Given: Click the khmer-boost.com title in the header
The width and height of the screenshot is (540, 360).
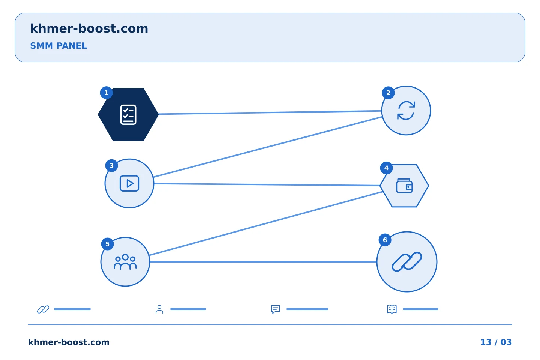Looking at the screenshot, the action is pos(89,29).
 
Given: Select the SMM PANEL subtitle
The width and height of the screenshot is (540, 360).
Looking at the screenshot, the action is pos(58,46).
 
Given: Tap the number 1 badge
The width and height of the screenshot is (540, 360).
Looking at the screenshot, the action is pos(106,93).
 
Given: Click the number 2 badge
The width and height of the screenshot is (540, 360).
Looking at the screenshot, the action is pos(388,93).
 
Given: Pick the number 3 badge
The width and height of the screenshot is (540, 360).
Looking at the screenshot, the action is pos(111,166).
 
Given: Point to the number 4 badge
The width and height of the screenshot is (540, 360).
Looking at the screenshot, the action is pos(386,168).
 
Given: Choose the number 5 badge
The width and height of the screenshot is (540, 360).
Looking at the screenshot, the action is pos(107,244).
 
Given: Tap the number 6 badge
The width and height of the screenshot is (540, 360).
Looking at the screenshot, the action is pos(385,240).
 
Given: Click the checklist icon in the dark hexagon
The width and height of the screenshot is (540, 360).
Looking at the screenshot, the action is pos(128,114).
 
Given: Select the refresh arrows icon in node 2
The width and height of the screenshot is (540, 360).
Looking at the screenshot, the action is pos(406,111).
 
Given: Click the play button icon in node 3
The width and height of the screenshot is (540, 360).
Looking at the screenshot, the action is pos(129,183).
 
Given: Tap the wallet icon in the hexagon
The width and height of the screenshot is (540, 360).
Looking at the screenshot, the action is pos(404,186).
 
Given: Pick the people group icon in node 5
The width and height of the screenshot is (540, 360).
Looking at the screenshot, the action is pos(125,262).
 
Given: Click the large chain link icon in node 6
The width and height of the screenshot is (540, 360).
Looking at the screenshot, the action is pos(406,262).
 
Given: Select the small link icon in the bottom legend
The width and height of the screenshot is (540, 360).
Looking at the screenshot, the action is pos(43,309).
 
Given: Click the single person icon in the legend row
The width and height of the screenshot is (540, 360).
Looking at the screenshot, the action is pos(159,309).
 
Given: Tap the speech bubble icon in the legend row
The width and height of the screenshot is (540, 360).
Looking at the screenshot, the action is pos(276,309).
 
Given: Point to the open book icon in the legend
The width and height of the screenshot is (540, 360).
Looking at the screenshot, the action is pos(392,309).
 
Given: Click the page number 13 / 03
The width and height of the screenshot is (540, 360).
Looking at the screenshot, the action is pos(496,342).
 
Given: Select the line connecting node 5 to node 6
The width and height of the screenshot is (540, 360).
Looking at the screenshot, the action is pos(263,262).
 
